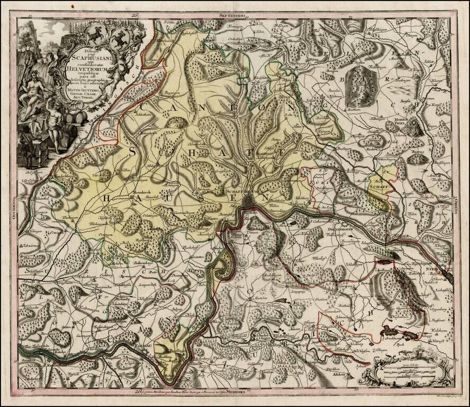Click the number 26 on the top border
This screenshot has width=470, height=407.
tap(135, 17)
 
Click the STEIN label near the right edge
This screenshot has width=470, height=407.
tap(433, 270)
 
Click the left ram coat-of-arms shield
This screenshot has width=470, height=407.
tap(96, 36)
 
